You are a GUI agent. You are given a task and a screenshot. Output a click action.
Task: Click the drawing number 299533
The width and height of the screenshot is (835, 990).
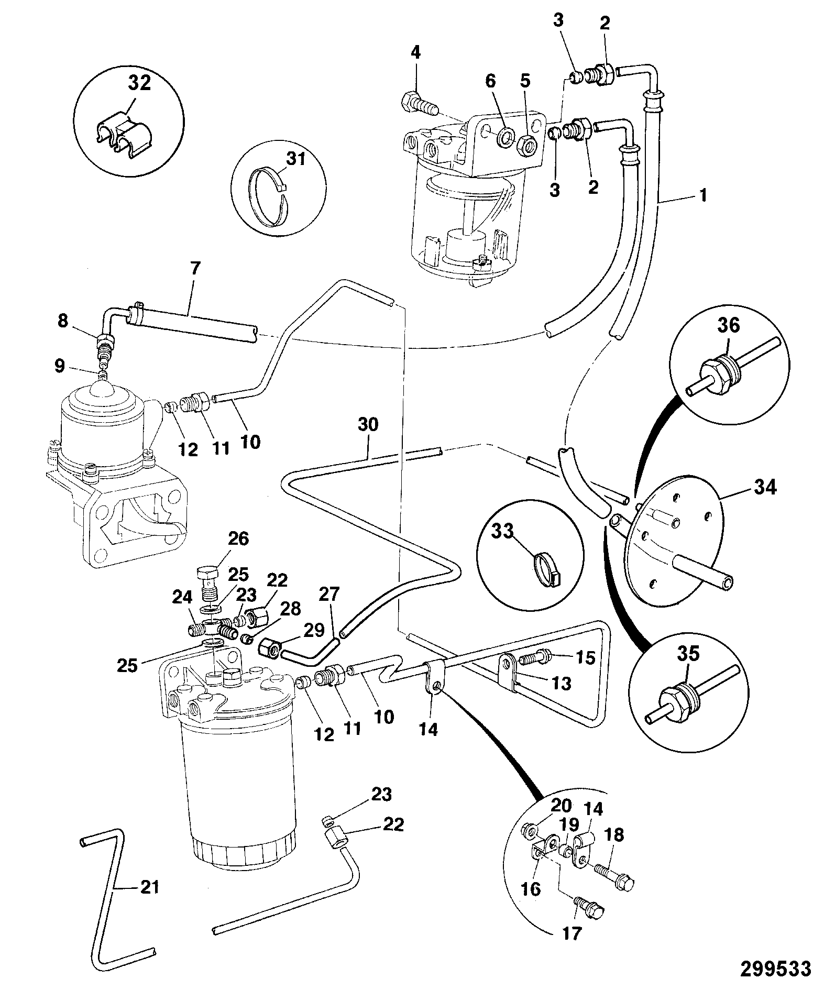(775, 968)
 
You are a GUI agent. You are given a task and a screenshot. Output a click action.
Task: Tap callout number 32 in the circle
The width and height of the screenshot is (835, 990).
(139, 83)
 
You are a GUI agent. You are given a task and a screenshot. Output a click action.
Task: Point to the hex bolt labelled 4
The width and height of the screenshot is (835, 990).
(420, 104)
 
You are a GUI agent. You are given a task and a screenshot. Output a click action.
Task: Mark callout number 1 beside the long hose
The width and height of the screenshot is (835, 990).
(703, 196)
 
